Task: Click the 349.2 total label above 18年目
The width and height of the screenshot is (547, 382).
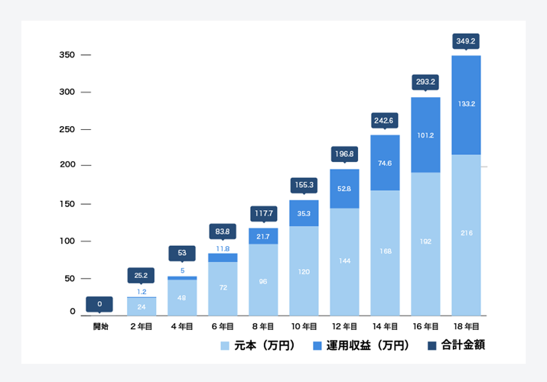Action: [466, 40]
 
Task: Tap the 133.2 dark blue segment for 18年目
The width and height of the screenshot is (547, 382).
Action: [466, 105]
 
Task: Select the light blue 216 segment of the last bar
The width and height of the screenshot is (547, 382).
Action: [466, 232]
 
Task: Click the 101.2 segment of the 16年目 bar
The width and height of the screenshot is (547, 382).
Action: [425, 135]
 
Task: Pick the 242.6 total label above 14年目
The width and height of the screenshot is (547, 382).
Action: [385, 120]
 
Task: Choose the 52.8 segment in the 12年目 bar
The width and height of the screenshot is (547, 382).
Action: [344, 188]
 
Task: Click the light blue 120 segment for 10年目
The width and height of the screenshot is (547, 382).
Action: [304, 270]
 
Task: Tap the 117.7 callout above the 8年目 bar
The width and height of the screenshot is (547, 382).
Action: [263, 213]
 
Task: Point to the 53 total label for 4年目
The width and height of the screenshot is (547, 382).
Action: [182, 253]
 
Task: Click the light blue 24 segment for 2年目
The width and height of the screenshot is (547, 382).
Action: [142, 306]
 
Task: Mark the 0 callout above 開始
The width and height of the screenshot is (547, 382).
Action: [101, 303]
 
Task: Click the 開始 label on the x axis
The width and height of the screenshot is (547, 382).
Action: [101, 326]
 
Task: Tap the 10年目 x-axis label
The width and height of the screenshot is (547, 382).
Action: [304, 326]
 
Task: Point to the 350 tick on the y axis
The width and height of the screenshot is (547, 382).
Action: [67, 55]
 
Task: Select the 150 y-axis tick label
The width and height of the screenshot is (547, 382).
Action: [67, 204]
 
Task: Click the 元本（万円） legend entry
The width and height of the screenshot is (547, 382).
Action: [257, 345]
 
